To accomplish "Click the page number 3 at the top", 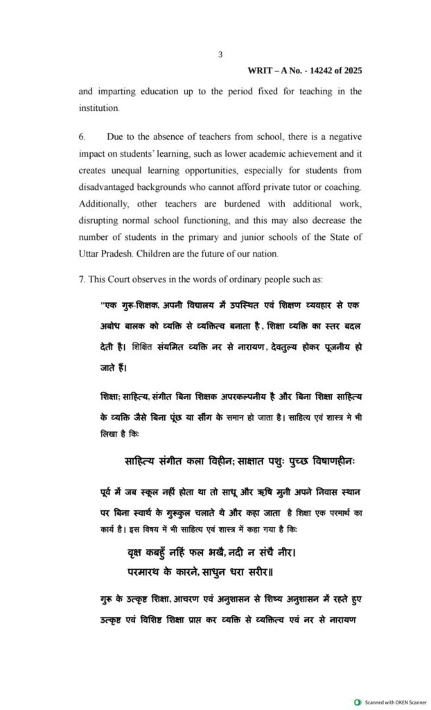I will [220, 54].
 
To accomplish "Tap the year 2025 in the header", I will [351, 71].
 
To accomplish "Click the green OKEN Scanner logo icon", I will [358, 702].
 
